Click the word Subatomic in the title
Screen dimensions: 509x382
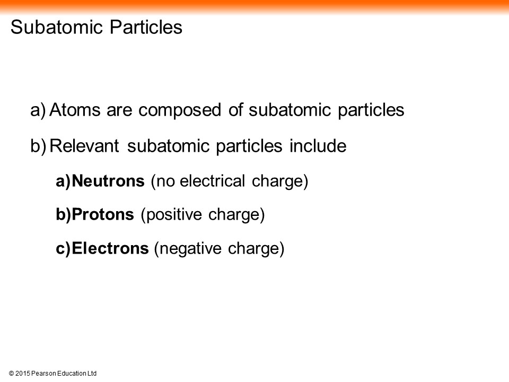coord(57,27)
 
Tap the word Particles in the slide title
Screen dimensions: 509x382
coord(146,27)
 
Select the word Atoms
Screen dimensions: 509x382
coord(75,109)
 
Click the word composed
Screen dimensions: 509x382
coord(180,110)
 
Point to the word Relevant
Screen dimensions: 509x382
coord(84,145)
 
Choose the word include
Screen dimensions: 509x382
coord(318,145)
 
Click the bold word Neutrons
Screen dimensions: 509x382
coord(108,181)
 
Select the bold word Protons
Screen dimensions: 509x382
coord(103,214)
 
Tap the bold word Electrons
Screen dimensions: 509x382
coord(110,248)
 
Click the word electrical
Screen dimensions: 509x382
coord(212,181)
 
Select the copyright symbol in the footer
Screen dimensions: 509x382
coord(11,374)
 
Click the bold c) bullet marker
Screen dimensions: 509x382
coord(63,248)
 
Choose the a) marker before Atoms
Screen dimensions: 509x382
coord(38,110)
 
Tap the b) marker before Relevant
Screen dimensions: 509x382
coord(38,145)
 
